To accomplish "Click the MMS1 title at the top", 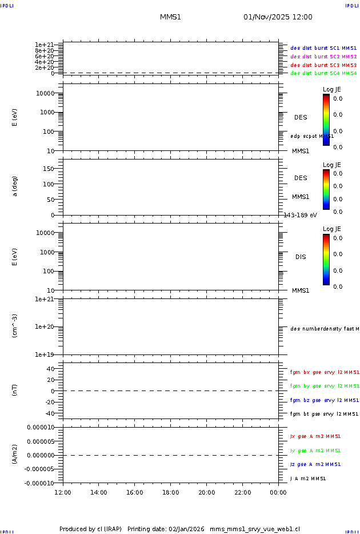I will tap(170, 17).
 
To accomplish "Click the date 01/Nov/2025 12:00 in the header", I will tap(278, 17).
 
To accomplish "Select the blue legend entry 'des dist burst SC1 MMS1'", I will tap(323, 49).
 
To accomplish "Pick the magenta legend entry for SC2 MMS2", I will tap(323, 57).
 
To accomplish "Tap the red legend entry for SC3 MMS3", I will tap(323, 65).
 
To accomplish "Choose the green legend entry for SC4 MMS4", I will tap(323, 73).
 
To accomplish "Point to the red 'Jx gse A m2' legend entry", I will tap(315, 436).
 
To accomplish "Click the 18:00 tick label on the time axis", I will tap(171, 493).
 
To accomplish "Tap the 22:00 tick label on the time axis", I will tap(243, 493).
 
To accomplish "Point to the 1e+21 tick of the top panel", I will tap(44, 45).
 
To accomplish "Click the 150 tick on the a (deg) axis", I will tap(48, 169).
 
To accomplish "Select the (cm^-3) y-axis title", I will tap(15, 326).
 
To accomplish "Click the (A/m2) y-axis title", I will tap(15, 455).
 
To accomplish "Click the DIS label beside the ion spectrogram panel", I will tap(301, 257).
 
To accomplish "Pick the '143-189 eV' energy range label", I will tap(301, 215).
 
